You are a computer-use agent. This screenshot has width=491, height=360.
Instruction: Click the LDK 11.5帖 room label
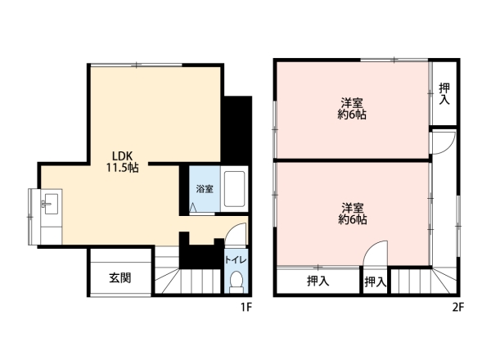pyautogui.click(x=122, y=161)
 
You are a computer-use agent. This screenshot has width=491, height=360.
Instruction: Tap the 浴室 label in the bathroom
pyautogui.click(x=205, y=189)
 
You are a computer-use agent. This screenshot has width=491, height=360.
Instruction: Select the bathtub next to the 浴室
pyautogui.click(x=234, y=189)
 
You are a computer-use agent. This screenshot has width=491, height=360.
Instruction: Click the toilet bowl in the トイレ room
pyautogui.click(x=236, y=281)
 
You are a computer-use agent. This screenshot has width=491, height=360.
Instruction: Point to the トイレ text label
pyautogui.click(x=236, y=260)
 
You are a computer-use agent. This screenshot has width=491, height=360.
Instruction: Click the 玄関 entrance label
pyautogui.click(x=120, y=277)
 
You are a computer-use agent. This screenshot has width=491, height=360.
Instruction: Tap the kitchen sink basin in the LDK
pyautogui.click(x=51, y=204)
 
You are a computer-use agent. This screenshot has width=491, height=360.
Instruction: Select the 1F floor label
pyautogui.click(x=246, y=308)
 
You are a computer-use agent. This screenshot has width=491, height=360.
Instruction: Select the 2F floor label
pyautogui.click(x=457, y=308)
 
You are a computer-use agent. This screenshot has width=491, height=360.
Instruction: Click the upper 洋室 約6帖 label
pyautogui.click(x=352, y=109)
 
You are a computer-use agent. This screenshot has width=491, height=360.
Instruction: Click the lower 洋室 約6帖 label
pyautogui.click(x=352, y=214)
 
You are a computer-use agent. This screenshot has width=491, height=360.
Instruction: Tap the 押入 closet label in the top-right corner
pyautogui.click(x=444, y=93)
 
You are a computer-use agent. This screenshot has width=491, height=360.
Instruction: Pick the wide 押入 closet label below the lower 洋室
pyautogui.click(x=318, y=281)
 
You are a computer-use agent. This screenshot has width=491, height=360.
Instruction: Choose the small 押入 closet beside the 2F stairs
pyautogui.click(x=375, y=282)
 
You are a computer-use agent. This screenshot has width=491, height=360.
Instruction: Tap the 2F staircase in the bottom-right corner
pyautogui.click(x=424, y=281)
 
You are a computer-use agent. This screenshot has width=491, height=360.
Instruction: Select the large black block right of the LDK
pyautogui.click(x=238, y=130)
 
